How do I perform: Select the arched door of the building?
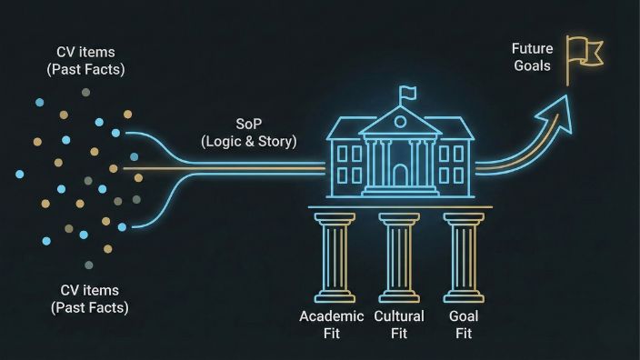click(400, 175)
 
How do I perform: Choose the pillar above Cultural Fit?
click(399, 258)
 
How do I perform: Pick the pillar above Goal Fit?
click(462, 258)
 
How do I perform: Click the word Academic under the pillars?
click(332, 316)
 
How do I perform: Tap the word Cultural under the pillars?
click(399, 316)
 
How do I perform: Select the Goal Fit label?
click(464, 325)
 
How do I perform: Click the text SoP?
click(248, 124)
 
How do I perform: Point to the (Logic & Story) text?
click(248, 141)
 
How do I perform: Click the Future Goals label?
click(532, 56)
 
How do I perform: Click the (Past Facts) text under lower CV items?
click(88, 307)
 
